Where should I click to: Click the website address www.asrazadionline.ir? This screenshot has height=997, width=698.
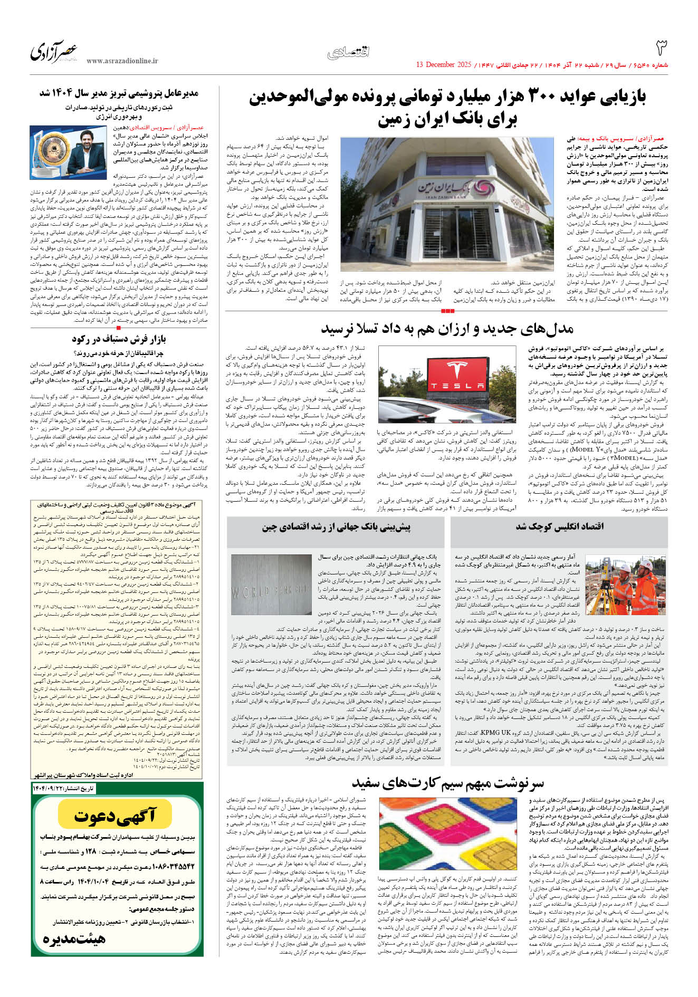click(x=122, y=61)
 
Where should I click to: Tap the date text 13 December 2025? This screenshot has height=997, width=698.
click(x=443, y=65)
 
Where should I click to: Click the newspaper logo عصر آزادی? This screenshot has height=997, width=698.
click(x=54, y=52)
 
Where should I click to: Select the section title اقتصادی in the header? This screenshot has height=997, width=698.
click(x=348, y=52)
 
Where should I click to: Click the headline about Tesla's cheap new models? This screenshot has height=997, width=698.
click(x=447, y=330)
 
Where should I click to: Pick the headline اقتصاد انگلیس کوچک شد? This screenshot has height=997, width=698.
click(x=559, y=526)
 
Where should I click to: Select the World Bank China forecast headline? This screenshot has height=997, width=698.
click(x=336, y=526)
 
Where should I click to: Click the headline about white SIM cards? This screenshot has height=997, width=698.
click(x=447, y=783)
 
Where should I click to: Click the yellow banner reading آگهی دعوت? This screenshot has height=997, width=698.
click(x=115, y=816)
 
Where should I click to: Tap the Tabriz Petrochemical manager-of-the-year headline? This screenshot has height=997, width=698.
click(x=119, y=93)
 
